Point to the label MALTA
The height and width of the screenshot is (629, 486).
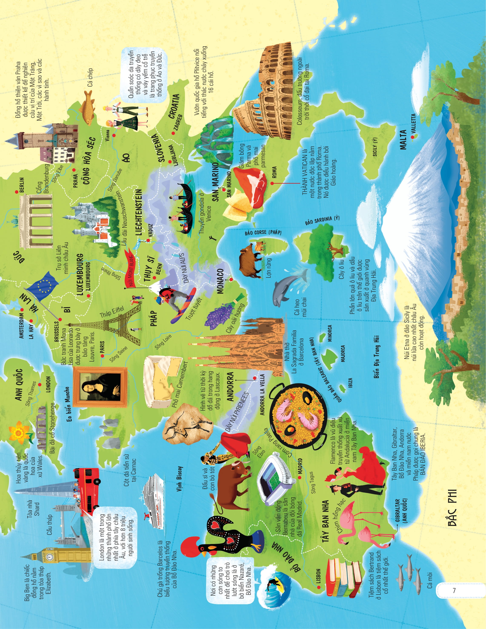(403, 140)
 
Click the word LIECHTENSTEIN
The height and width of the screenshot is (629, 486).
(139, 212)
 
